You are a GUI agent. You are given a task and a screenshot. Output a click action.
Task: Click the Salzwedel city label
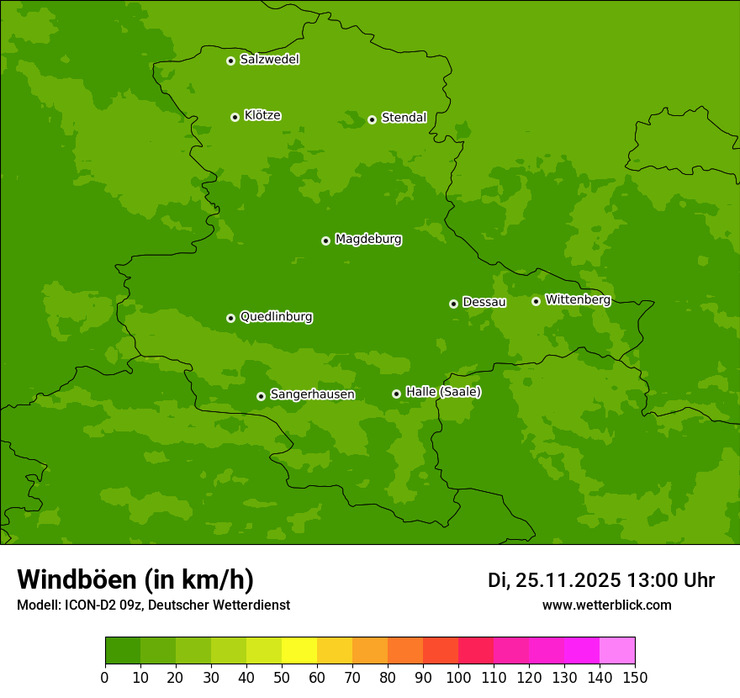click(269, 60)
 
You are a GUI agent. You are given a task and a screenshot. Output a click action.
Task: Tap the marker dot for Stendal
click(372, 119)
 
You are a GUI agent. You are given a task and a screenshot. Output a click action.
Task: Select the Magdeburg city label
click(368, 240)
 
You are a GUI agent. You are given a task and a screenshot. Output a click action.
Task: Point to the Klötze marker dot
click(235, 117)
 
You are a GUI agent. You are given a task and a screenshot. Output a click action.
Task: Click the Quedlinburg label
click(276, 317)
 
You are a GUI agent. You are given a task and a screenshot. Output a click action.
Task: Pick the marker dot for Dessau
click(453, 304)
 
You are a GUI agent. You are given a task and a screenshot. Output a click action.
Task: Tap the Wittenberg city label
click(578, 299)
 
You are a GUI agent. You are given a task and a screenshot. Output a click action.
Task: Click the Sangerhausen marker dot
click(261, 396)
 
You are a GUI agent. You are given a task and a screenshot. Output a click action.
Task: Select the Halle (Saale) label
click(443, 392)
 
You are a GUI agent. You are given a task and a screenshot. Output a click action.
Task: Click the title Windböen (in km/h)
click(135, 579)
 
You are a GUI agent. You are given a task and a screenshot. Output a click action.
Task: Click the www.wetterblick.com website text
click(606, 605)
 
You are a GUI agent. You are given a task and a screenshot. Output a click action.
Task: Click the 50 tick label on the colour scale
click(282, 677)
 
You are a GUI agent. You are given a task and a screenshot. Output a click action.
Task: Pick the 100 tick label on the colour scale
click(458, 677)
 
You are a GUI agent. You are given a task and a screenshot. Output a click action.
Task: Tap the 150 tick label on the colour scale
click(635, 677)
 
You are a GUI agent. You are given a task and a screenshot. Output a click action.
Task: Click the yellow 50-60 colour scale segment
click(299, 651)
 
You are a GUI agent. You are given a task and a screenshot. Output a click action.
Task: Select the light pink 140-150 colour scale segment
click(617, 651)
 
